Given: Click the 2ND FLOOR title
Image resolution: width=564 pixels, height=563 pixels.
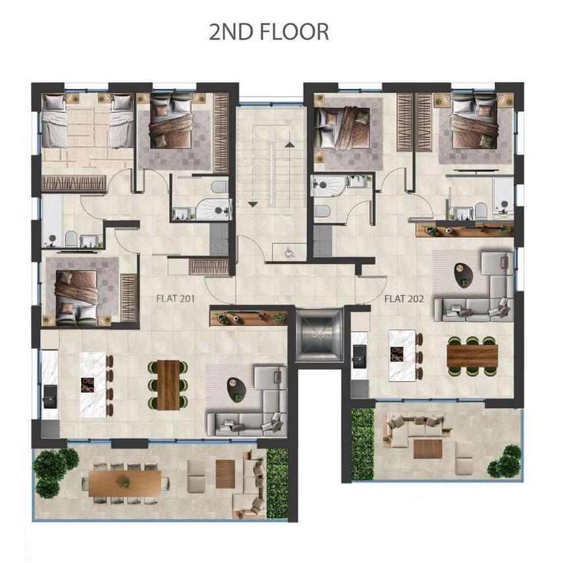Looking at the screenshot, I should pyautogui.click(x=269, y=32).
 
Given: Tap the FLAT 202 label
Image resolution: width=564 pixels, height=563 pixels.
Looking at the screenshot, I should pyautogui.click(x=403, y=298).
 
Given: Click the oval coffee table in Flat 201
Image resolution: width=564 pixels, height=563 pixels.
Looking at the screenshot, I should pyautogui.click(x=235, y=387).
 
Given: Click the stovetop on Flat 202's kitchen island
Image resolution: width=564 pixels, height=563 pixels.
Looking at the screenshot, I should pyautogui.click(x=399, y=356).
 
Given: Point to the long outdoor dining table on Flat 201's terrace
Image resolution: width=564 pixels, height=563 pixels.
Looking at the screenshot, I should pyautogui.click(x=125, y=482).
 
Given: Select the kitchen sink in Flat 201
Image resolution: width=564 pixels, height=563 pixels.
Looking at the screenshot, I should pyautogui.click(x=49, y=394).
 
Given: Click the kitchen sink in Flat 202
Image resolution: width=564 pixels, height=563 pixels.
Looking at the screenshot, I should pyautogui.click(x=359, y=360).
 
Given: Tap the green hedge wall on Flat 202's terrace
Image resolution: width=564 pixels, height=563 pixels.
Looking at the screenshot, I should pyautogui.click(x=362, y=443).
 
